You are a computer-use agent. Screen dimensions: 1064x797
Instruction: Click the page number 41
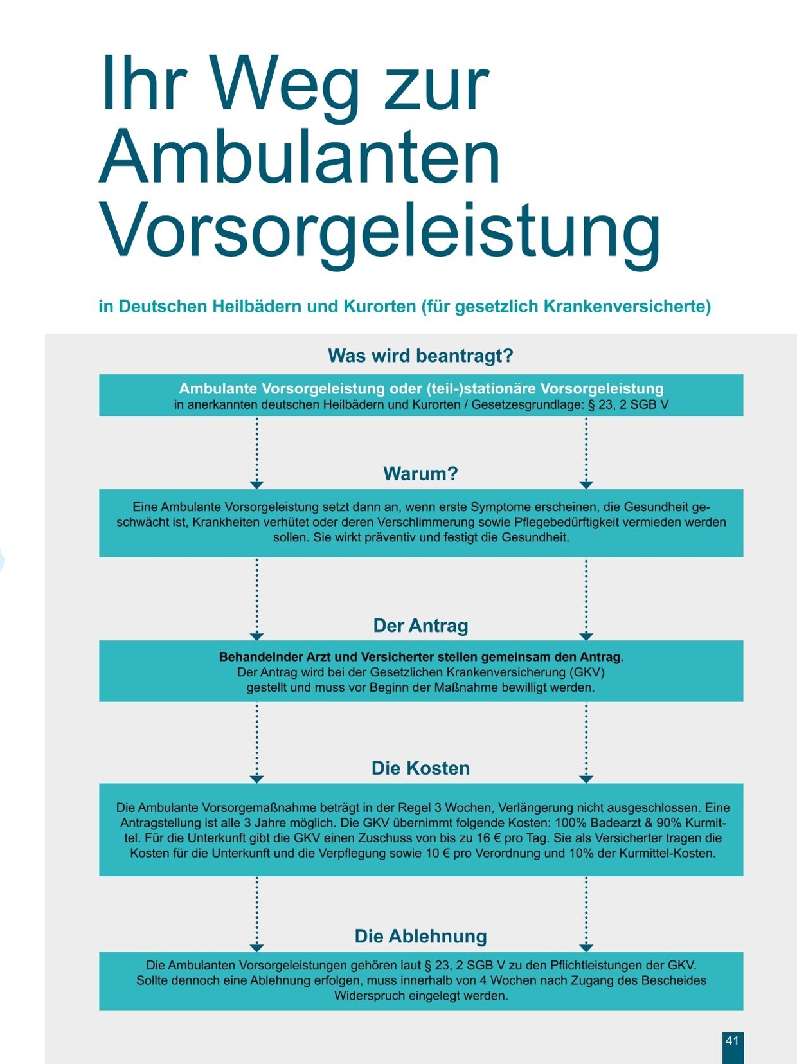732,1041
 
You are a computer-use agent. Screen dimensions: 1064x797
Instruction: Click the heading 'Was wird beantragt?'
420,356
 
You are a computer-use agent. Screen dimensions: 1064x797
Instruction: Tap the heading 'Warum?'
420,474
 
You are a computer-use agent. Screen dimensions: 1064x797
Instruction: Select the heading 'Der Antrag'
420,626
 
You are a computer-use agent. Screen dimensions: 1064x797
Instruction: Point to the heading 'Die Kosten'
420,768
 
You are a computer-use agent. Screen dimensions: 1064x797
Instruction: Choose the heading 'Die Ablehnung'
420,936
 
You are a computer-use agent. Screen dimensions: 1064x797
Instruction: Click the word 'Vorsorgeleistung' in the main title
379,228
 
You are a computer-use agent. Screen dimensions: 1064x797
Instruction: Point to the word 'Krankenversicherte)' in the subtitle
627,306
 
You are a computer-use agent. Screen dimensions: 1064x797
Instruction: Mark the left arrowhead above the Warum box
256,484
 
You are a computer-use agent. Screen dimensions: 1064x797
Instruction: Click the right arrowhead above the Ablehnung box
586,948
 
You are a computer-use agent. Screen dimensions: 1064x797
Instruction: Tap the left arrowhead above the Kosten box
256,779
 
